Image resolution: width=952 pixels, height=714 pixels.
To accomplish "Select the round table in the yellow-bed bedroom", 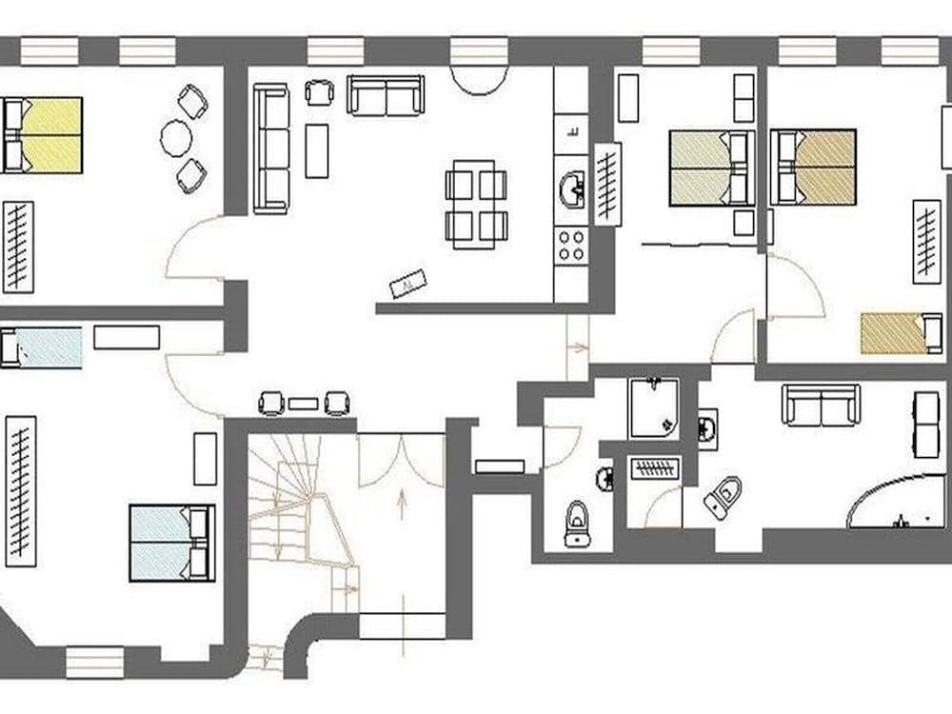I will pos(176,138).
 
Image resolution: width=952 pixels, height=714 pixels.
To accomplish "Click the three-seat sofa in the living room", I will pos(270,149).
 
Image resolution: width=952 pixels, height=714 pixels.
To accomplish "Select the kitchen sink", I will pos(571,188).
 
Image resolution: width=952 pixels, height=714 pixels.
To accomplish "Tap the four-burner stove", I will pos(571,246).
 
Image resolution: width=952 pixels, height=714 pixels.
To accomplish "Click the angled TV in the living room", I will pos(408,283).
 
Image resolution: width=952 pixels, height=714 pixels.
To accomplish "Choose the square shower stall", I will pos(653,407).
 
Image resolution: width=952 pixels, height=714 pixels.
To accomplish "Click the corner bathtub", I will pos(895,503).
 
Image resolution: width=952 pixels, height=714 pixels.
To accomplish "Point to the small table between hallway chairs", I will pos(303,404).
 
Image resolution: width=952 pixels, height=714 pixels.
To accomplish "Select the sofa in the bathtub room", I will pos(821,405).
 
